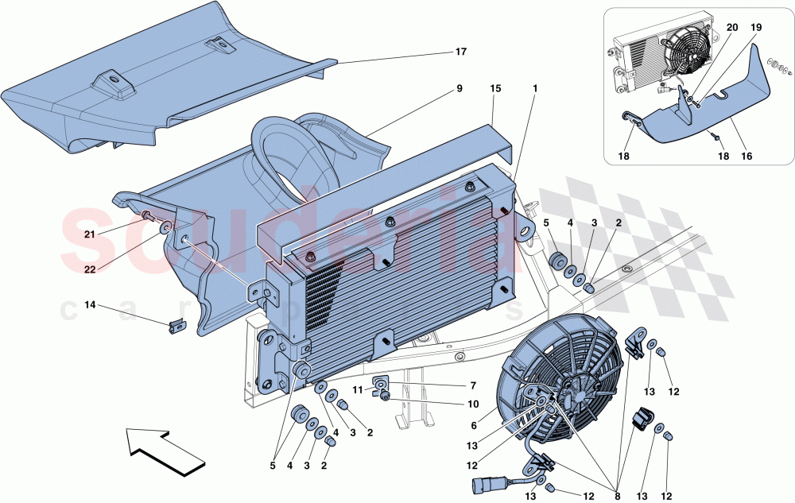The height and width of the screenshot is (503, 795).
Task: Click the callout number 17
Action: pyautogui.click(x=461, y=52)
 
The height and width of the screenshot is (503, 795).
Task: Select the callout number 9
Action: pyautogui.click(x=460, y=90)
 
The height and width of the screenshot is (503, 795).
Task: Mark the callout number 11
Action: pyautogui.click(x=358, y=390)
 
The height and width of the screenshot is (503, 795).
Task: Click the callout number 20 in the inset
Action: pyautogui.click(x=731, y=27)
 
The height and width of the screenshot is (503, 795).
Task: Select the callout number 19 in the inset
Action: pyautogui.click(x=756, y=27)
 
